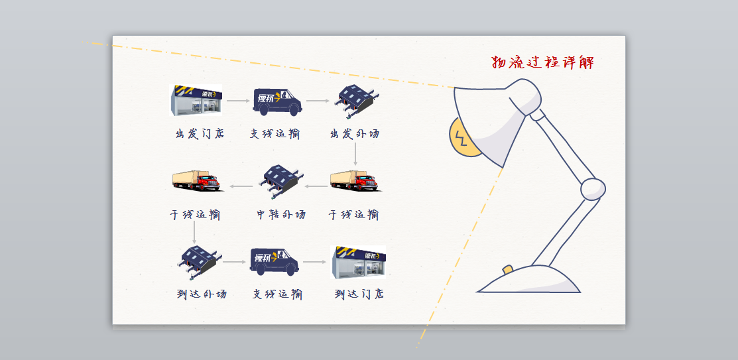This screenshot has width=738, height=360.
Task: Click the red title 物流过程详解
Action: (x=542, y=63)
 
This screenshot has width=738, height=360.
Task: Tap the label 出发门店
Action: (x=200, y=133)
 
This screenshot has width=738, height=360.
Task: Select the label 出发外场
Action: (x=355, y=133)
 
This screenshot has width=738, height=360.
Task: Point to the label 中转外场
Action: (x=282, y=214)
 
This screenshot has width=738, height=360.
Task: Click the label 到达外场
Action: (x=202, y=293)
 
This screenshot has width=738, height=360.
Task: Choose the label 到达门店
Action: (x=359, y=293)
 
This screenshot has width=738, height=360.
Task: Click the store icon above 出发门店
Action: (x=198, y=100)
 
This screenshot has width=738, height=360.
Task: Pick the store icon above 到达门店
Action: (x=358, y=261)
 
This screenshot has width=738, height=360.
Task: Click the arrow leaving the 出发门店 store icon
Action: (x=237, y=101)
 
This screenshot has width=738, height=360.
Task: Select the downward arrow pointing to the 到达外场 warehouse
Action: (x=194, y=231)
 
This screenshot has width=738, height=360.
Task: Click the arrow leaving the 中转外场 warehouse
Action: (x=242, y=187)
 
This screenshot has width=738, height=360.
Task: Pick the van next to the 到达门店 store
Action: (x=275, y=261)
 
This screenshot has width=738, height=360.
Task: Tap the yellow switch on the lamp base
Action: (x=508, y=269)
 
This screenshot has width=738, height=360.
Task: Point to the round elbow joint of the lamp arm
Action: (x=593, y=189)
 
